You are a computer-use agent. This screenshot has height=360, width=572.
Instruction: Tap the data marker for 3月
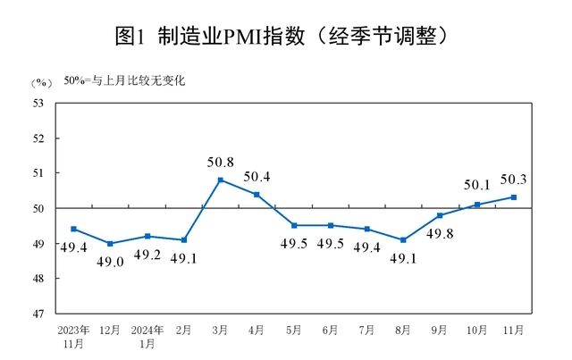click(x=220, y=180)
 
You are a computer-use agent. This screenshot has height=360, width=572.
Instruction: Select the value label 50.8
click(x=220, y=163)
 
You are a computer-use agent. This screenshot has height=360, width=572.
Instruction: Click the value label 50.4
click(x=257, y=176)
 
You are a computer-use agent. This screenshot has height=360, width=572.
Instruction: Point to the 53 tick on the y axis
click(x=38, y=103)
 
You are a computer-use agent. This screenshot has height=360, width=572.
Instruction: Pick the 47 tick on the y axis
click(x=38, y=314)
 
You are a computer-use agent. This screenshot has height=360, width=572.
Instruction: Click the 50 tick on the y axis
click(x=38, y=208)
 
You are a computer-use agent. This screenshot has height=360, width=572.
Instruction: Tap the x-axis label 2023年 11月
click(x=73, y=336)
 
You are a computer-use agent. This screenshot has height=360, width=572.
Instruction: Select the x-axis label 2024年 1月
click(x=147, y=336)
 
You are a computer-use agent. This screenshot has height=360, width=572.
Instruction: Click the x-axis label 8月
click(x=403, y=331)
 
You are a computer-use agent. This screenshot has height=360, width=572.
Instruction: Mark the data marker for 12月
click(x=110, y=243)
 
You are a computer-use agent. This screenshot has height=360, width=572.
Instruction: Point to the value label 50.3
click(x=513, y=180)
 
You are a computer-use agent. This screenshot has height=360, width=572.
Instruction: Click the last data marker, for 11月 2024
click(x=513, y=197)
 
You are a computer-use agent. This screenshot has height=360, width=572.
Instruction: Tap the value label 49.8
click(x=439, y=234)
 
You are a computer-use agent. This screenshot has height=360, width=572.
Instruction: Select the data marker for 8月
click(x=403, y=239)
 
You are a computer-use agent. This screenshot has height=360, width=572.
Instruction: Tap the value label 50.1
click(x=477, y=186)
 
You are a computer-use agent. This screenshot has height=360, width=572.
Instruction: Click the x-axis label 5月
click(x=293, y=331)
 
